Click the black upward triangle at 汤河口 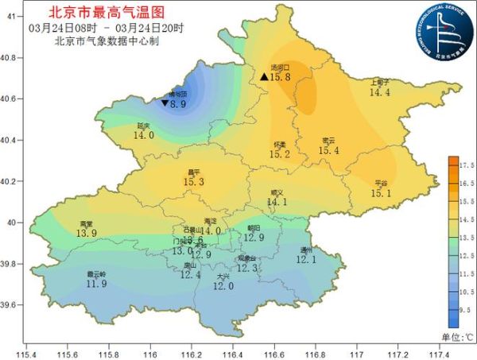pos(264,77)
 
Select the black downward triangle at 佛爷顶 pos(165,103)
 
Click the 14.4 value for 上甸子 pos(380,92)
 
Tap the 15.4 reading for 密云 pos(328,150)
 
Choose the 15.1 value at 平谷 pos(382,192)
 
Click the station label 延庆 pos(144,125)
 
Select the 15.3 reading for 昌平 pos(194,182)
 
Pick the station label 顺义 pos(277,192)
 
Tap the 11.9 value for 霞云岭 pos(96,284)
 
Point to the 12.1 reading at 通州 pos(307,258)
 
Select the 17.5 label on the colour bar pos(467,165)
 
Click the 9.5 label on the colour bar pos(467,311)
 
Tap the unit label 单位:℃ pos(457,337)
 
